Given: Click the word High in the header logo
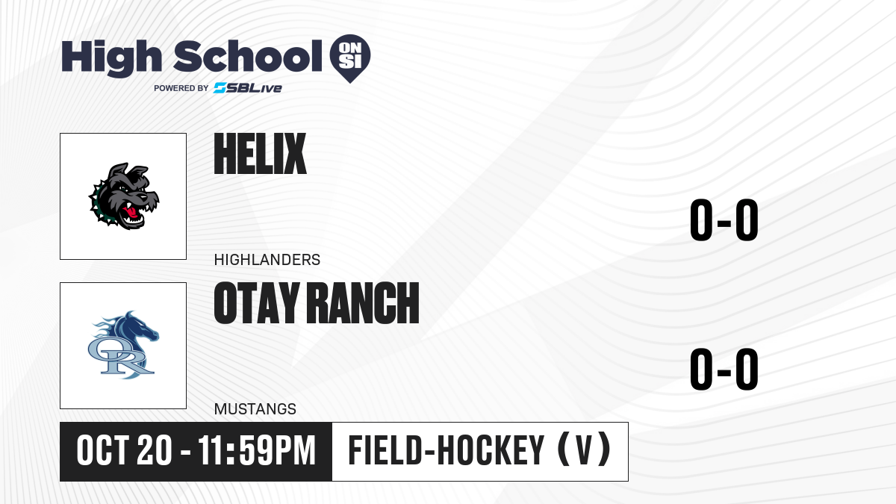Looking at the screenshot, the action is pos(111,57).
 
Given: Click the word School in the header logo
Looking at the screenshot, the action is pos(248,56).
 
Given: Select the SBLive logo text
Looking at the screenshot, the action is pos(248,88).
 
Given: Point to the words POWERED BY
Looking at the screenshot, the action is pos(181,88).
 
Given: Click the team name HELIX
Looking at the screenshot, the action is pos(260,154).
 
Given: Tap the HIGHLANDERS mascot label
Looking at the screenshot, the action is pos(267,260).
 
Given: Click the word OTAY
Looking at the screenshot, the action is pos(256,303).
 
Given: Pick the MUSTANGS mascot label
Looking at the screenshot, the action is pos(255,409).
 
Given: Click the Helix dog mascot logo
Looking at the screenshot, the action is pos(124,196).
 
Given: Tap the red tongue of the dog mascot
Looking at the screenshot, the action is pos(131,212).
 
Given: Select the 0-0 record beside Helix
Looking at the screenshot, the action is pos(724,220).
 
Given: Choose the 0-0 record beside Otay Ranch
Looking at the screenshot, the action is pos(724,370).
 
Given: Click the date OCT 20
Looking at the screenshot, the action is pos(124,451).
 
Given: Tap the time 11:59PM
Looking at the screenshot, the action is pos(257,451).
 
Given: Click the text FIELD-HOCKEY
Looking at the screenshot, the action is pos(446,451).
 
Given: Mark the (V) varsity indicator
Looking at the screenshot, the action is pos(584,451).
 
